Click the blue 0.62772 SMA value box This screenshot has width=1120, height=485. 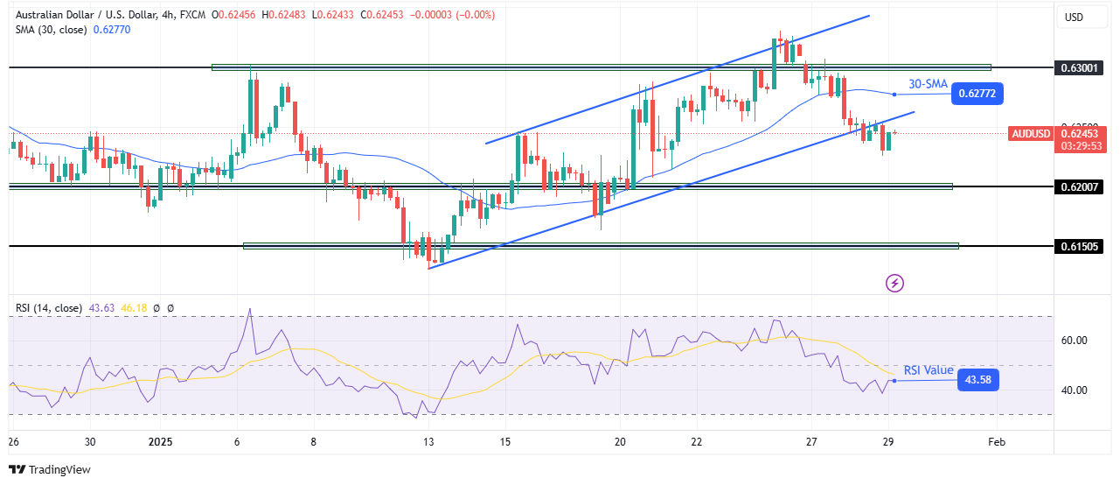(x=978, y=93)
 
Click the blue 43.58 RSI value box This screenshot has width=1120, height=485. (x=977, y=380)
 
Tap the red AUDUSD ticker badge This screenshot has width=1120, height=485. (x=1031, y=134)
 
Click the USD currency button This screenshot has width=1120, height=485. (x=1072, y=17)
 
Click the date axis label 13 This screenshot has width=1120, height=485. (x=428, y=442)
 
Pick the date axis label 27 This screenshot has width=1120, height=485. (x=811, y=442)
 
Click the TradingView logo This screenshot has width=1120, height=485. (x=50, y=469)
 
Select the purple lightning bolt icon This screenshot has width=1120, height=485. (x=894, y=283)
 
